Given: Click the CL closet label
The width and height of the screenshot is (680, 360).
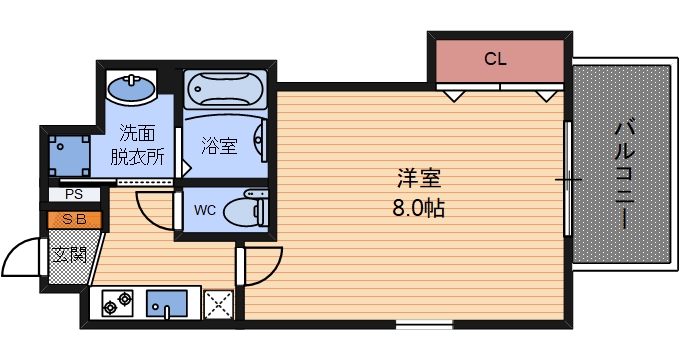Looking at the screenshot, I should point(495,59).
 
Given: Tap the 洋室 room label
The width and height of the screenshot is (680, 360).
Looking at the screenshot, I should point(419,181).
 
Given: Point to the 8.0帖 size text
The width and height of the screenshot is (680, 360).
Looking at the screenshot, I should point(419,209).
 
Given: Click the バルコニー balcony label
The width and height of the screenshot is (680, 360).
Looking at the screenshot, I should point(624,173).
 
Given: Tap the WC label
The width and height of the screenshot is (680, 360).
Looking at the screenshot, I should point(205,210).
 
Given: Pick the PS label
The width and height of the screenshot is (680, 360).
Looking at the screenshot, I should point(73,194).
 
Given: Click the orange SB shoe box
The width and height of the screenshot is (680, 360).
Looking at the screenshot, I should point(73,219).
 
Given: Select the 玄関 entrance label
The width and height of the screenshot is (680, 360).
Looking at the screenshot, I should point(69,252).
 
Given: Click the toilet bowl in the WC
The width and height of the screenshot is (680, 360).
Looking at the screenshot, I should point(244,211).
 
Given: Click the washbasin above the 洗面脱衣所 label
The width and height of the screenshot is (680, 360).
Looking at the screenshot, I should point(130,87).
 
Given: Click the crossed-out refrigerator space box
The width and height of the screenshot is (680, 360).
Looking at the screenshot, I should point(219,304).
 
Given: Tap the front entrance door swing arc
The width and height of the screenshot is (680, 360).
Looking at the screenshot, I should point(22,262).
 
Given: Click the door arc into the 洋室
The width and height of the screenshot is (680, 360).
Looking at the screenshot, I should point(262,268).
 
